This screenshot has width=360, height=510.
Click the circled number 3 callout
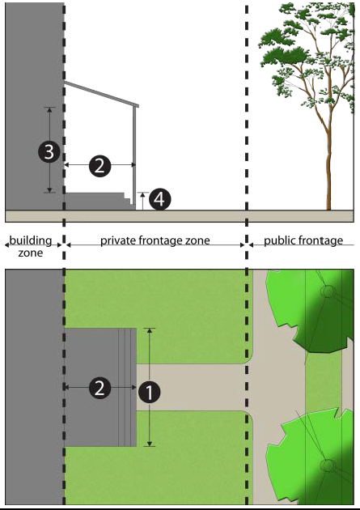(49, 152)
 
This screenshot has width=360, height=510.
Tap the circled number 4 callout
(160, 199)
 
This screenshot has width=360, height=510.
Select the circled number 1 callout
(150, 393)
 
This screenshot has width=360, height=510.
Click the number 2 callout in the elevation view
(100, 166)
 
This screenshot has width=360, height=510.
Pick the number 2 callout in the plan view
(100, 388)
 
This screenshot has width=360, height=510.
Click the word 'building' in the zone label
(31, 241)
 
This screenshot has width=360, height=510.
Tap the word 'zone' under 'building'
(31, 253)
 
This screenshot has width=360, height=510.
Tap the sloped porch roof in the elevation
(101, 94)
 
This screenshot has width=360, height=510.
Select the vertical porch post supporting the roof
(134, 156)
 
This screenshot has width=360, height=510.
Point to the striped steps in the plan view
(127, 387)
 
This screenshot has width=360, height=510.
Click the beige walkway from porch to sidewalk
(192, 387)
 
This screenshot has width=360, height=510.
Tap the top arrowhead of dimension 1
(150, 331)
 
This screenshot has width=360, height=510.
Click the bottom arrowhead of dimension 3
(49, 190)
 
